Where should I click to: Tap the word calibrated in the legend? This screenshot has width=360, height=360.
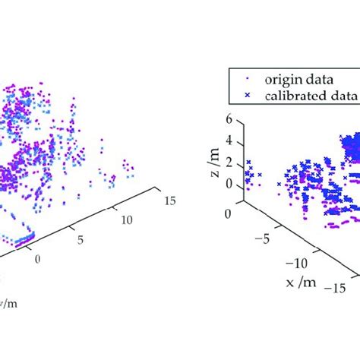click(295, 96)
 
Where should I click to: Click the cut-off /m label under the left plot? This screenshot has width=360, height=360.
click(8, 303)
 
